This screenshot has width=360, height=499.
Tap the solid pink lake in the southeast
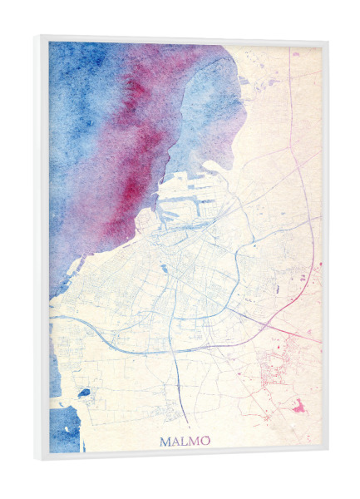point(298,407)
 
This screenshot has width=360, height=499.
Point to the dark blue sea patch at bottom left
point(65,428)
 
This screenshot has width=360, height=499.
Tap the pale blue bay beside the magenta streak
point(200,108)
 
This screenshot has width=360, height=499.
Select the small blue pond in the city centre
point(166,268)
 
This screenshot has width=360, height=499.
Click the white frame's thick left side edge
point(42,249)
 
